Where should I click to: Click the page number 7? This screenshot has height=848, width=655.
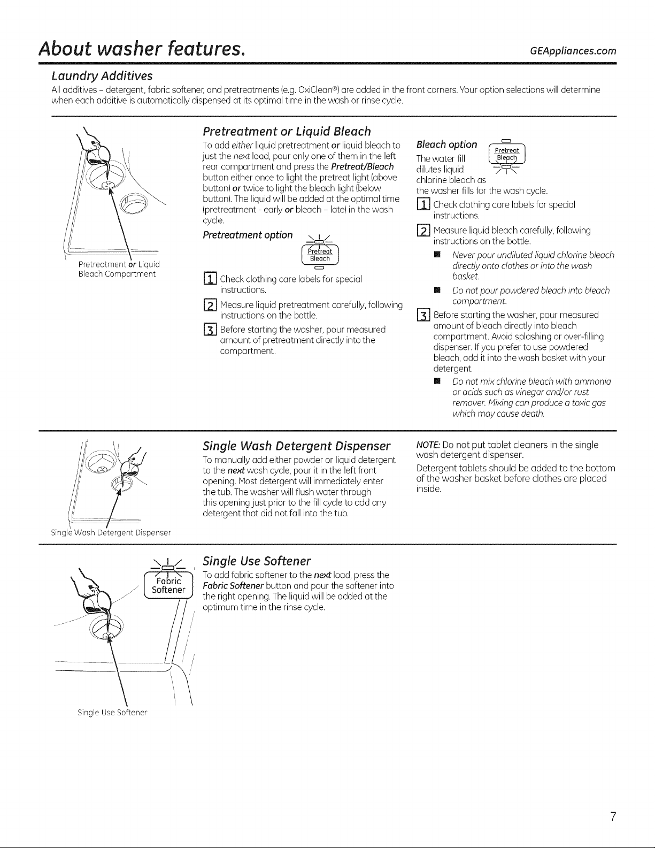click(613, 817)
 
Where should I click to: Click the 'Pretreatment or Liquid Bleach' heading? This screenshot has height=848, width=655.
click(287, 131)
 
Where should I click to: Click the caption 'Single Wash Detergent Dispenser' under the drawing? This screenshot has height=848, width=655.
click(111, 532)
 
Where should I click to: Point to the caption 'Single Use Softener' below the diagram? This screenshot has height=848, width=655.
click(112, 713)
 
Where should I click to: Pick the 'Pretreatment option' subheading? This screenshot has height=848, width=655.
click(248, 235)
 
